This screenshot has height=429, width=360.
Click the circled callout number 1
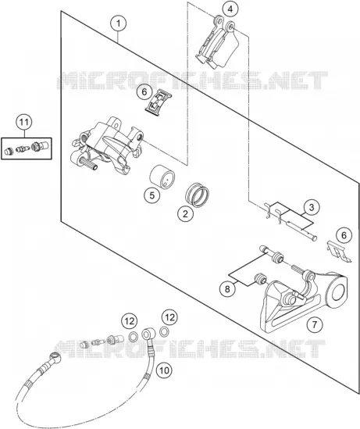pos(119,23)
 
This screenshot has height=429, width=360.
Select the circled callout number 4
pos(230,9)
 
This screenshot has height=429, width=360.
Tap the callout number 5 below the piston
pos(152,195)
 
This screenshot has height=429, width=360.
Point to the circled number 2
pos(185,213)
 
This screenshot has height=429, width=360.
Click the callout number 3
pos(312,207)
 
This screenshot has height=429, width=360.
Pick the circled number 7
pos(315,325)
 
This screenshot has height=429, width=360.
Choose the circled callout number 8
pos(227,288)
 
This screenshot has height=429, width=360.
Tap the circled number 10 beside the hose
pos(164,370)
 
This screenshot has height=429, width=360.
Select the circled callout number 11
pos(23,122)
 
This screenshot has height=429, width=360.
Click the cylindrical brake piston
pos(162,177)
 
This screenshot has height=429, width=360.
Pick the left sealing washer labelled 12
pos(133,337)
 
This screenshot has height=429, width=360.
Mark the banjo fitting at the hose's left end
pos(55,356)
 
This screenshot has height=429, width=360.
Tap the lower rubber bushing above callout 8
pos(260,279)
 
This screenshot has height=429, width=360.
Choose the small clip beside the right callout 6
pos(339,252)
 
